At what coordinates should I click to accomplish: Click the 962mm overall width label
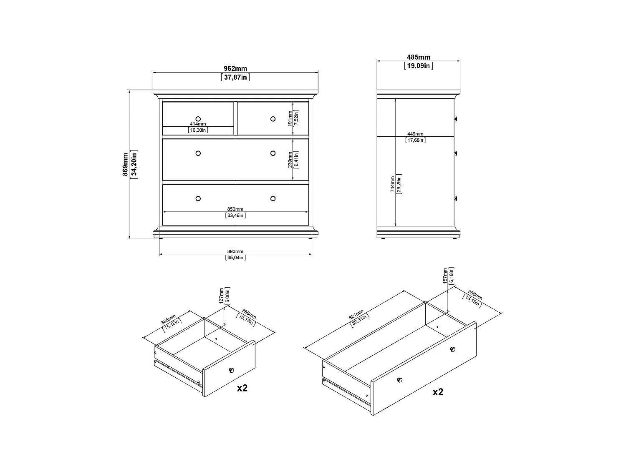[235, 69]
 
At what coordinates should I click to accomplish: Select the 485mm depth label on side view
[418, 58]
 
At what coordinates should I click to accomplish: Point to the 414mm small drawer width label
[198, 124]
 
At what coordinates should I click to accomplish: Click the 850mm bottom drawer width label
[235, 209]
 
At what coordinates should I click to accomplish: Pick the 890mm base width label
[235, 251]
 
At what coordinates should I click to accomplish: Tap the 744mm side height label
[392, 183]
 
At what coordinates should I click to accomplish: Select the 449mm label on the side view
[415, 134]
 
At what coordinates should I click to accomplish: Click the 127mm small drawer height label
[222, 296]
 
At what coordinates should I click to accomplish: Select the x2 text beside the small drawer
[242, 388]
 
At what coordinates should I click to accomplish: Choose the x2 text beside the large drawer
[438, 392]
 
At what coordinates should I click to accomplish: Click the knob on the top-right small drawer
[273, 119]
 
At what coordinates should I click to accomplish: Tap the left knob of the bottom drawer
[198, 198]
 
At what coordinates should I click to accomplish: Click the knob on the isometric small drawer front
[231, 370]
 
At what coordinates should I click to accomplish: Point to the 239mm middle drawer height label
[290, 159]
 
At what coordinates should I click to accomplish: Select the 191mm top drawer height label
[290, 118]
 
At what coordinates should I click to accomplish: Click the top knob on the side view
[456, 119]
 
